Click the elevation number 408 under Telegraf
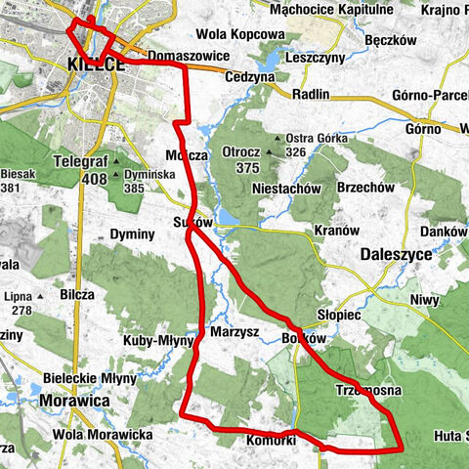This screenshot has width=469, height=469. (95, 179)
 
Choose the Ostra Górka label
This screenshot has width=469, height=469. (319, 138)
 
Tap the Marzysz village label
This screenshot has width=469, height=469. (234, 332)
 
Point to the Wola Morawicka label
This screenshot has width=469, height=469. (102, 433)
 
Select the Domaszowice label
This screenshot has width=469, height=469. (191, 57)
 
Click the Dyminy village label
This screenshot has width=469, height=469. (134, 234)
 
